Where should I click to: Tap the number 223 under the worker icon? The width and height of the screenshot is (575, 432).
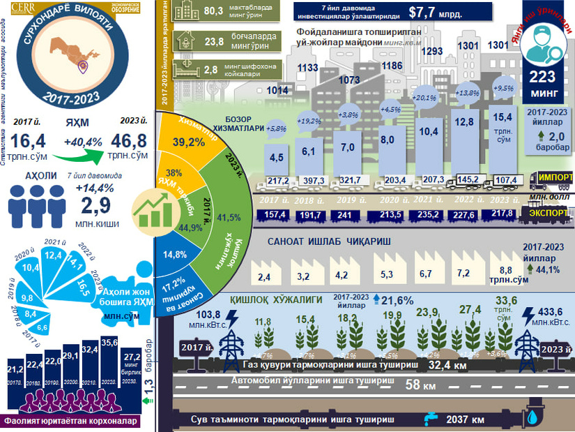point(543,77)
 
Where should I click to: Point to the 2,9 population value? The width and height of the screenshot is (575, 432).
point(95,205)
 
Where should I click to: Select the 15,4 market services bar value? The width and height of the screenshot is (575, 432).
point(503,117)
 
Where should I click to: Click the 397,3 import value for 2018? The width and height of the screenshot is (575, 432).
point(309,181)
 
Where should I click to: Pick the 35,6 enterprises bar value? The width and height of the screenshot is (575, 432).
point(109,343)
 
